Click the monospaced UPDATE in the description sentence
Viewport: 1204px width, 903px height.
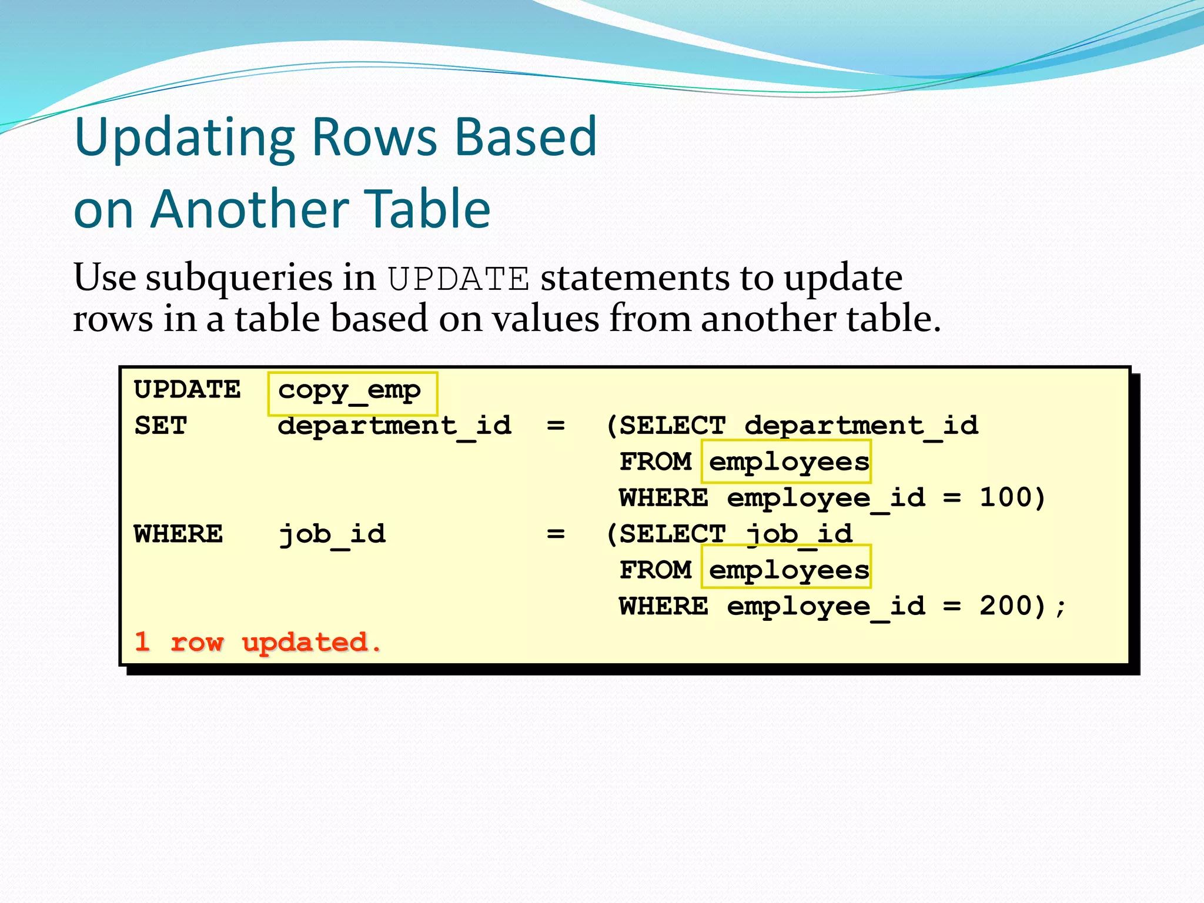point(459,278)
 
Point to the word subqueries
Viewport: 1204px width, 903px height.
point(239,278)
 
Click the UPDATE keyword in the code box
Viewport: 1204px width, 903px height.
point(188,389)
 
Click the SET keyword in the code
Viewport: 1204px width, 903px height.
point(160,425)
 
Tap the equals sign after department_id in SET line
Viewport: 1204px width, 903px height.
point(556,425)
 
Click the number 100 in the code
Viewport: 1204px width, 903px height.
point(1005,497)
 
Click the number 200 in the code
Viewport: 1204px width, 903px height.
point(1005,606)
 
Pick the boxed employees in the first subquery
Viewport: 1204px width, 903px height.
point(788,462)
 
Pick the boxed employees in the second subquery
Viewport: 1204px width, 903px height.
point(788,570)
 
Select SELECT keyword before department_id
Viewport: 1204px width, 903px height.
point(673,425)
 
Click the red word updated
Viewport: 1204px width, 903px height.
point(305,642)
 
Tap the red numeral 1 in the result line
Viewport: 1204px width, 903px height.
point(142,641)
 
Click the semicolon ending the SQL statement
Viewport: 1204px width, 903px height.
point(1060,607)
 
